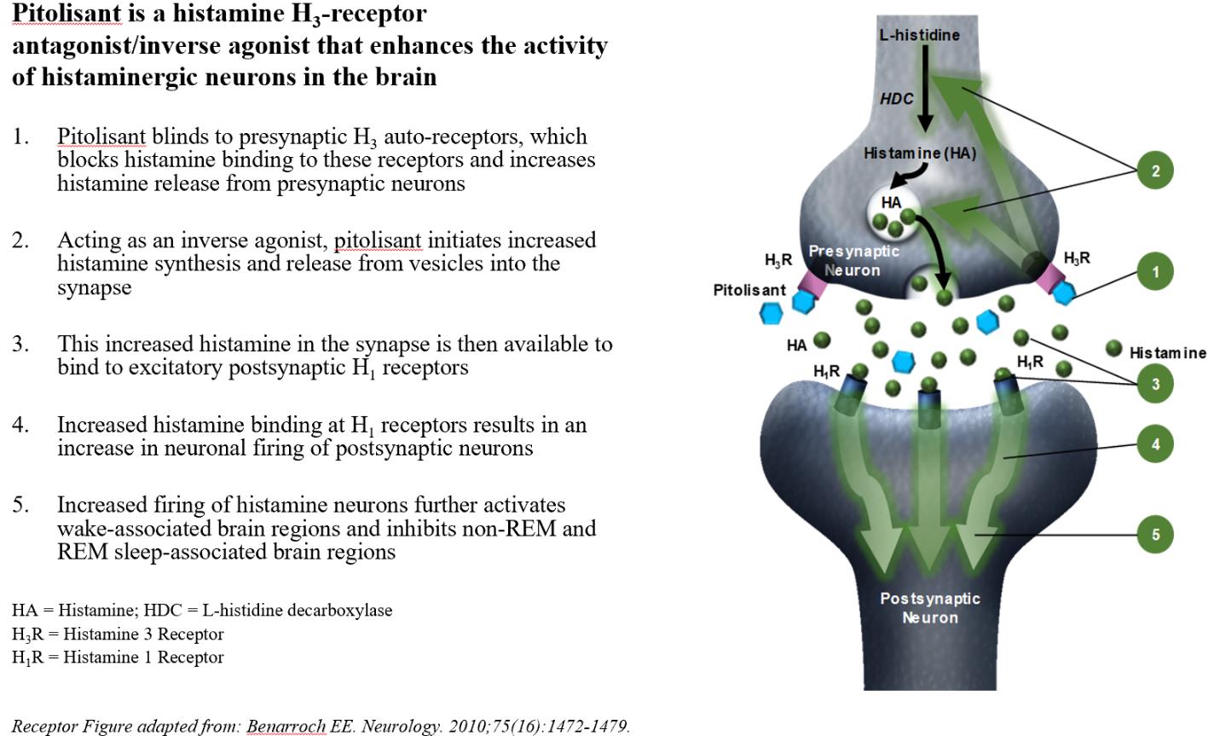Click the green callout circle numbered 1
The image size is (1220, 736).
tap(1155, 272)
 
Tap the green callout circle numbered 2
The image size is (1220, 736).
tap(1155, 171)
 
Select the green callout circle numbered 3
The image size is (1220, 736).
tap(1155, 384)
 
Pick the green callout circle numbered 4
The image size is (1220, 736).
tap(1155, 443)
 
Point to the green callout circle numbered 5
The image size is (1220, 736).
tap(1155, 535)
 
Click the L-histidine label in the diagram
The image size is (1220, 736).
tap(919, 35)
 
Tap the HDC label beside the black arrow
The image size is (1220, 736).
tap(896, 99)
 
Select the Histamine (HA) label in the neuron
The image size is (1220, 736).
tap(919, 154)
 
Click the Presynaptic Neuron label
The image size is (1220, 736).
tap(853, 260)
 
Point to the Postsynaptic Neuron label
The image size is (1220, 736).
tap(929, 608)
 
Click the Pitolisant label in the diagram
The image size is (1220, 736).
tap(749, 290)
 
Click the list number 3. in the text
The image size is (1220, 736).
tap(21, 344)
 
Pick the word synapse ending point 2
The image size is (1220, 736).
tap(95, 287)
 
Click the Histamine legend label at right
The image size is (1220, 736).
tap(1167, 353)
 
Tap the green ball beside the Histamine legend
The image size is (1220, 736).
tap(1113, 347)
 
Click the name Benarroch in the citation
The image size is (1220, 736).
tap(286, 727)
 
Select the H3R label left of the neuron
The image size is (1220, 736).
tap(778, 260)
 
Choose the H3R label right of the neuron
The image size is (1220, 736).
tap(1077, 258)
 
